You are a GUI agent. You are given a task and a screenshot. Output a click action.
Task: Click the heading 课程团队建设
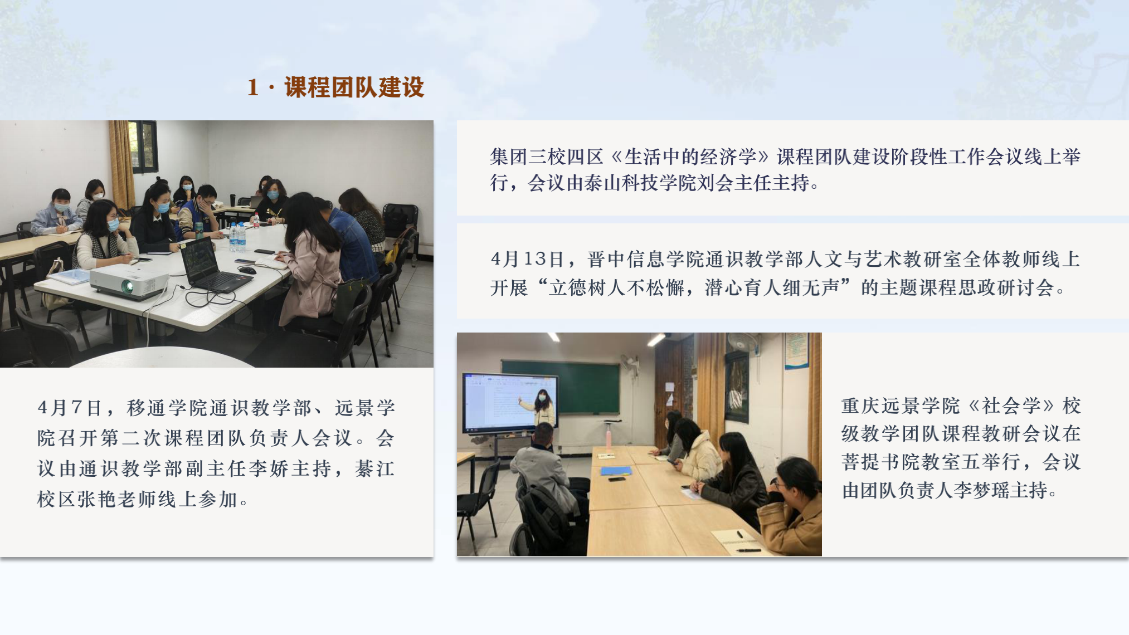coord(354,87)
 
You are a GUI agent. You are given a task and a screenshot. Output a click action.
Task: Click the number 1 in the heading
coord(252,87)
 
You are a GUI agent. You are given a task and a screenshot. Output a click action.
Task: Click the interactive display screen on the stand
coord(510,402)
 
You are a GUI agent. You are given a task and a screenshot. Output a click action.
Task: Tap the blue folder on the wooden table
coord(615,471)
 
